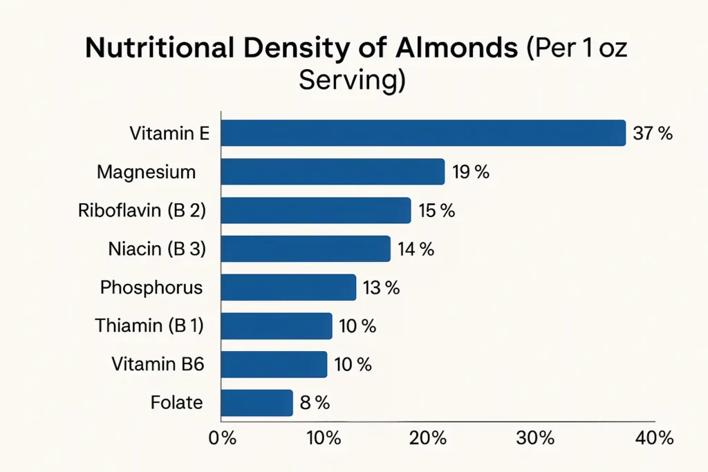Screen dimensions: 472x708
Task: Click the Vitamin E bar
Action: tap(423, 133)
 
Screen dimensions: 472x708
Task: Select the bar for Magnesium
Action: tap(333, 171)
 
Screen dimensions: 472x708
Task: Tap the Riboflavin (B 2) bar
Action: tap(316, 210)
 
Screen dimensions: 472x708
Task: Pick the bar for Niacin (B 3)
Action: tap(306, 249)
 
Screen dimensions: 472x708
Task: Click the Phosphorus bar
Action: tap(288, 287)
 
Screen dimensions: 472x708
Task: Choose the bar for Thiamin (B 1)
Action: tap(277, 325)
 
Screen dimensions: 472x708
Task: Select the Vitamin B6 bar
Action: tap(274, 364)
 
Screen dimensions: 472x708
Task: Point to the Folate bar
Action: tap(257, 403)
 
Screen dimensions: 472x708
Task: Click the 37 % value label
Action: tap(653, 133)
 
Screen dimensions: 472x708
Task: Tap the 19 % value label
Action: tap(471, 172)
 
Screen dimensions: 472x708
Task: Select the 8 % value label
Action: tap(315, 403)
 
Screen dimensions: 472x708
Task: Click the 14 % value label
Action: tap(416, 249)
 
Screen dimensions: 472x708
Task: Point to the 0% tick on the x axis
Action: tap(223, 438)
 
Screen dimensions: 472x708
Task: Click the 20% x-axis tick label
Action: tap(428, 438)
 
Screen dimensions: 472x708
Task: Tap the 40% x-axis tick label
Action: tap(654, 438)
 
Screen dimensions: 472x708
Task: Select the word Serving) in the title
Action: tap(351, 81)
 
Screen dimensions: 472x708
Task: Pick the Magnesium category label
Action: tap(146, 171)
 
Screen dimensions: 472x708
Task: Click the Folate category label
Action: tap(176, 402)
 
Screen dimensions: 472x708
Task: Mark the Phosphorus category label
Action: tap(151, 287)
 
